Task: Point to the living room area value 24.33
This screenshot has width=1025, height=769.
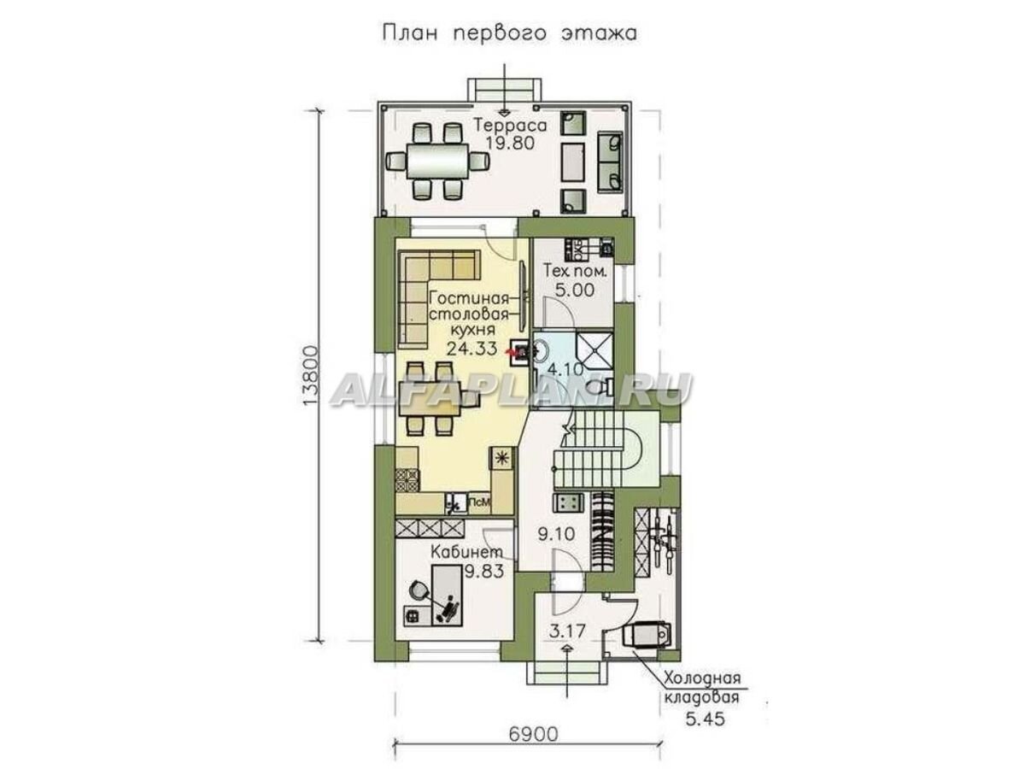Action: (471, 348)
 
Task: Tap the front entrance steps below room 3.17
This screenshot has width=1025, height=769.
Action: (565, 672)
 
